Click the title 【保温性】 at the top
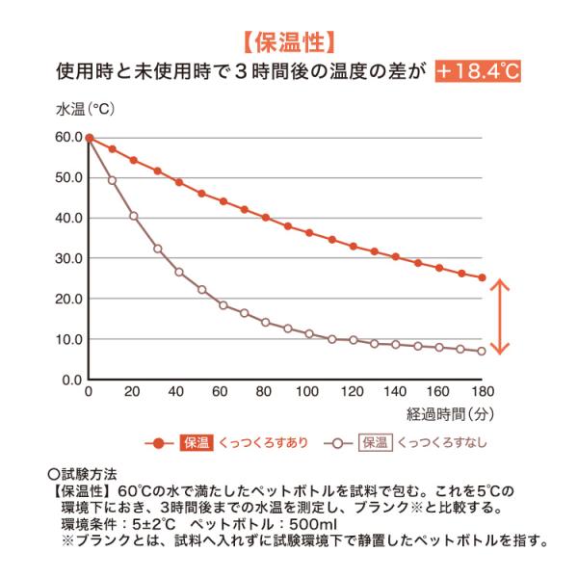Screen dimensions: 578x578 click(288, 41)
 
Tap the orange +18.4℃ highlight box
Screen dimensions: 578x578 click(477, 71)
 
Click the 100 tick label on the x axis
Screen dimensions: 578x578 click(307, 393)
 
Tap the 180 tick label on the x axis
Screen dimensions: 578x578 click(482, 393)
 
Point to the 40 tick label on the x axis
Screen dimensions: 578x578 click(176, 393)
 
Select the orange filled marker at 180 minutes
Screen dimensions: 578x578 click(482, 278)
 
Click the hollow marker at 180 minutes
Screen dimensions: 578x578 click(482, 351)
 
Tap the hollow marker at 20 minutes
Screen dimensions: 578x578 click(133, 216)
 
